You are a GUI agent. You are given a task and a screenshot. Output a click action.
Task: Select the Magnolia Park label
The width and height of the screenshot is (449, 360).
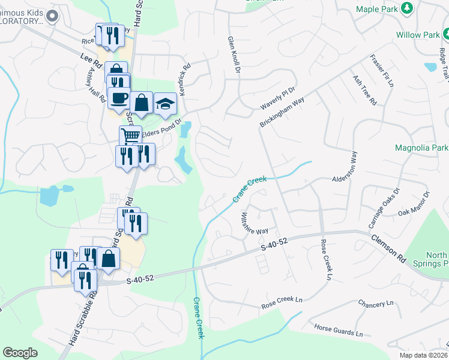(x=421, y=148)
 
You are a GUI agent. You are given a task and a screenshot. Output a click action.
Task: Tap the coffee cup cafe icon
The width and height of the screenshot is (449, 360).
(x=118, y=97)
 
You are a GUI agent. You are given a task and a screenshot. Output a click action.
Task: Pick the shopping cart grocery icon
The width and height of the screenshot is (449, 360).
(x=130, y=135)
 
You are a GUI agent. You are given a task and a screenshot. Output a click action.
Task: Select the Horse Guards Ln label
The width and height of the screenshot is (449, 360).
(x=339, y=329)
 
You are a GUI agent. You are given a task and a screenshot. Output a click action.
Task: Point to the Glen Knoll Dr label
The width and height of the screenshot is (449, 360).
(x=234, y=55)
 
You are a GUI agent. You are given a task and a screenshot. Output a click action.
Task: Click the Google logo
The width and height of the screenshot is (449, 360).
(x=20, y=353)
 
